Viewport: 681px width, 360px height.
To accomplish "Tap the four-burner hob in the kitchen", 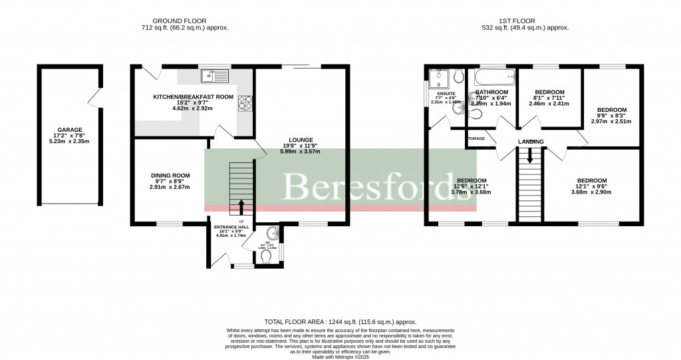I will (x=245, y=102).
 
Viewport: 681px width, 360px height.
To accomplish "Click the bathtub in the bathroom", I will (x=491, y=76).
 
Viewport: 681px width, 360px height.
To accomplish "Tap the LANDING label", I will (x=531, y=142).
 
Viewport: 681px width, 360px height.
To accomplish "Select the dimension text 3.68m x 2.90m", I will (x=591, y=192).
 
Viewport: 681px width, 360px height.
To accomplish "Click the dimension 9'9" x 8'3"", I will (x=611, y=116).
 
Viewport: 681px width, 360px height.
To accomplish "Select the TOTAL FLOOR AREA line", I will (x=339, y=321).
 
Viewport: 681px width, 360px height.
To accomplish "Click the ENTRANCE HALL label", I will (x=231, y=227).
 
